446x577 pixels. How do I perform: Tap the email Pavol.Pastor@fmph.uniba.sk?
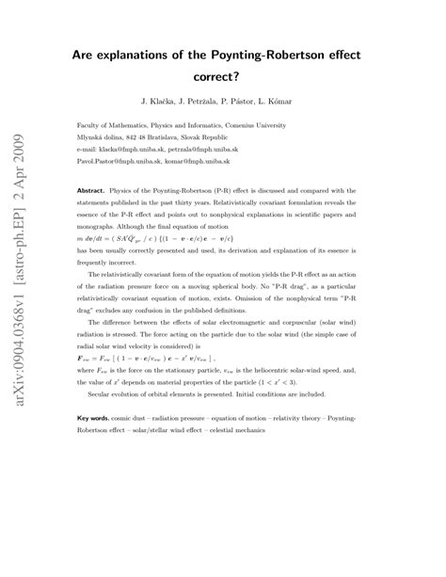click(125, 161)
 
